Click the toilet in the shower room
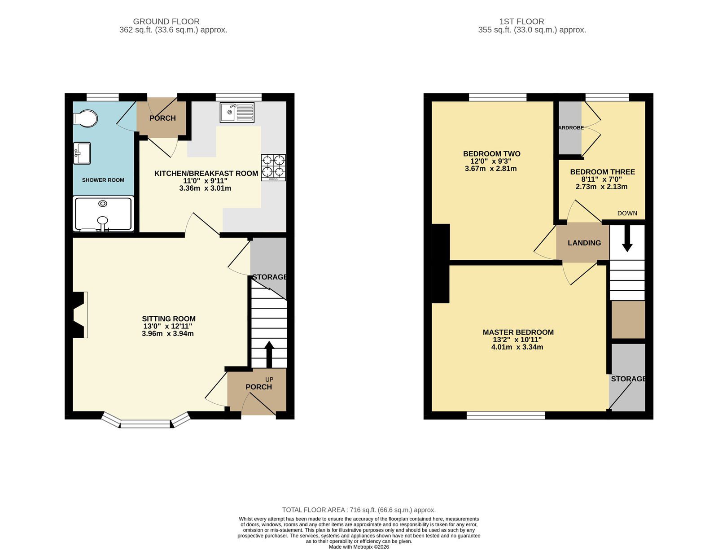(86, 118)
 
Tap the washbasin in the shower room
(82, 153)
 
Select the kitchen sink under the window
(237, 112)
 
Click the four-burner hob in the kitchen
(273, 167)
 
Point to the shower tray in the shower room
(103, 214)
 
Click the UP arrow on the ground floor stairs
(269, 354)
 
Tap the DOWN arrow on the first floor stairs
(627, 239)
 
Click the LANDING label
(584, 243)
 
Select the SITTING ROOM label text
(169, 319)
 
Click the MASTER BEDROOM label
(518, 332)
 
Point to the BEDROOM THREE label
(602, 172)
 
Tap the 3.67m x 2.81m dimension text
(490, 169)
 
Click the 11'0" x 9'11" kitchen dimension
(205, 181)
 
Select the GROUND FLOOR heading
(166, 22)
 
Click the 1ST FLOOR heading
(521, 22)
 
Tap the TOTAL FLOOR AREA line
(359, 510)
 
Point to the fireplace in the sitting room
(78, 315)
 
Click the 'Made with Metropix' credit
(359, 547)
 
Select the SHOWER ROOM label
(103, 180)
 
